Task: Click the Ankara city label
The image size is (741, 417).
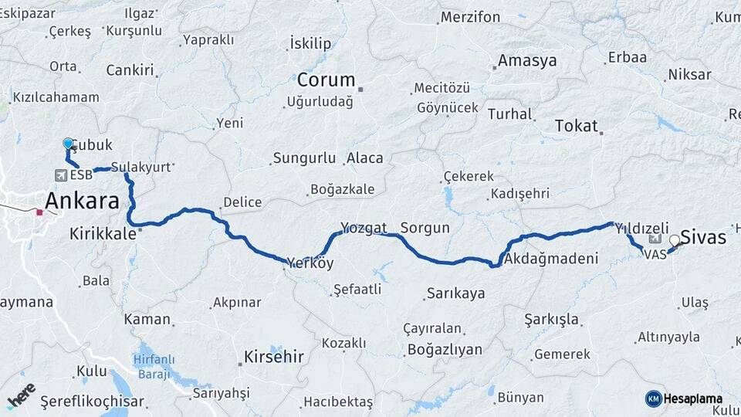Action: pos(82,202)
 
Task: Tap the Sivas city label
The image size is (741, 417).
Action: pos(703,237)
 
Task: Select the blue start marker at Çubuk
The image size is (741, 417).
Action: pos(68,144)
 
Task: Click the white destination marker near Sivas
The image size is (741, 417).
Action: pos(675,240)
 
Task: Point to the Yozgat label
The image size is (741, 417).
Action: pos(364,228)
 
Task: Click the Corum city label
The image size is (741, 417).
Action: pos(326,80)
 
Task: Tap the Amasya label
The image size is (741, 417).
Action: pos(527,60)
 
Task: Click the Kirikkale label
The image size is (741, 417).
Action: pos(103,232)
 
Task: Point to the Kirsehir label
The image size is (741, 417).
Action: pos(273,357)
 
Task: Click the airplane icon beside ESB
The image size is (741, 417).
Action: pos(60,175)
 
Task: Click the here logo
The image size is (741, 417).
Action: pos(22,395)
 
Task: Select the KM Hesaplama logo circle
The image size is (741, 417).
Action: pos(653,398)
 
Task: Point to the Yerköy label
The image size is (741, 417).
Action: pos(310,263)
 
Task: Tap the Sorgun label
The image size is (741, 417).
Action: pos(425,228)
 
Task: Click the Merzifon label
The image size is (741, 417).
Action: pos(469,17)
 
